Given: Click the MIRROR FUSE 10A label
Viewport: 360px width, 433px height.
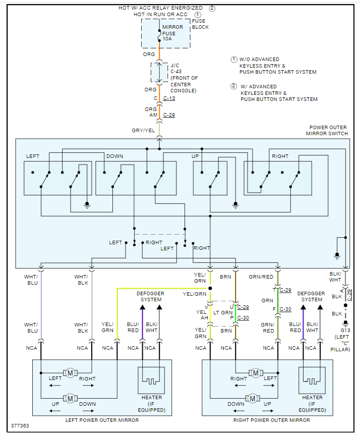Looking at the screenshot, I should tap(169, 33).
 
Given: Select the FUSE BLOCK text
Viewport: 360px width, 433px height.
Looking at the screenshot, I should tap(200, 24).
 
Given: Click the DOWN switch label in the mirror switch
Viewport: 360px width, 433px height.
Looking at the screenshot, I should tap(114, 156).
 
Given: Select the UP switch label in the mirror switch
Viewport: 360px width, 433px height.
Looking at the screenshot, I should tap(195, 156).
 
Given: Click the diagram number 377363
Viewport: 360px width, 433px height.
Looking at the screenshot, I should tap(20, 426).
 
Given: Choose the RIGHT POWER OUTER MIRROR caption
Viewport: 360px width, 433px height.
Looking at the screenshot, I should tap(272, 420).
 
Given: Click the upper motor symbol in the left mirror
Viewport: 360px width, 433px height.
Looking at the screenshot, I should tap(70, 373).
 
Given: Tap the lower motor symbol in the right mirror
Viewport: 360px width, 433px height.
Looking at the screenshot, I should tap(256, 399).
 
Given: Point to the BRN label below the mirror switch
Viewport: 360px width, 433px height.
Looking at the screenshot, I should tap(225, 277).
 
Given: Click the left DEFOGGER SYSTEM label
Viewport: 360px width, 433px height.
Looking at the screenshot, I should tap(150, 296).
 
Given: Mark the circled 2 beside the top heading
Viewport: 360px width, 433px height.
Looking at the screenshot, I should tap(212, 8).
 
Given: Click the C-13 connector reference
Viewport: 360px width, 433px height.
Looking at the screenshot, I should tap(169, 98).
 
